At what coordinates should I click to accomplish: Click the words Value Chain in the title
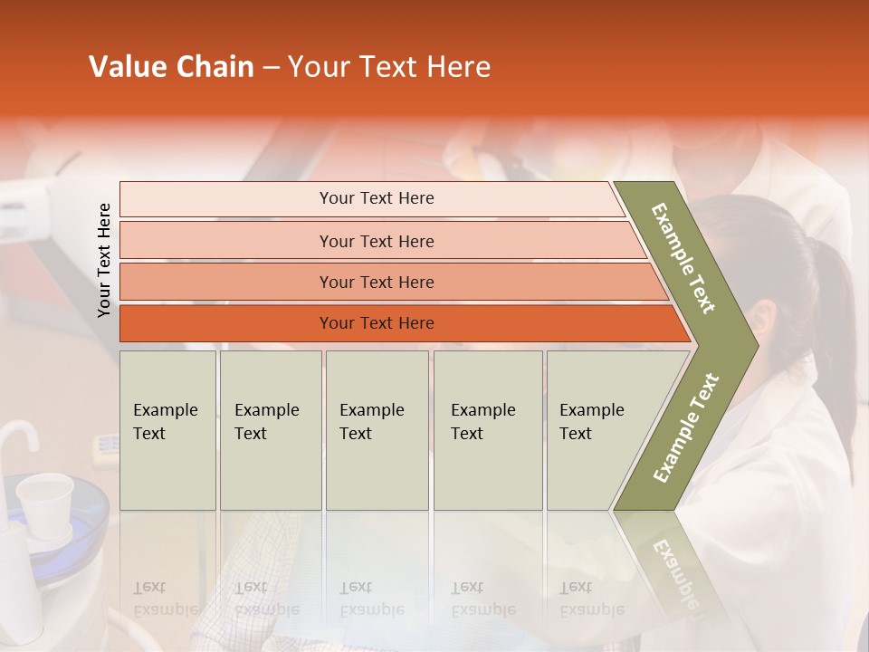[x=171, y=67]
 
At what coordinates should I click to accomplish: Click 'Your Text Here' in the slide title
[x=389, y=67]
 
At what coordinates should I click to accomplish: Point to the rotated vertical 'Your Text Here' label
[x=104, y=260]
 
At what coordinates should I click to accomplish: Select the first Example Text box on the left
[x=167, y=430]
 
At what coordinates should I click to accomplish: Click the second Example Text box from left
[x=270, y=430]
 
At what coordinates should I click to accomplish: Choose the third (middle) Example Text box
[x=377, y=430]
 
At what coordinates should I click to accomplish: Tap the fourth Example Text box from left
[x=488, y=430]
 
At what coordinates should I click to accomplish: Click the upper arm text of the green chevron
[x=683, y=258]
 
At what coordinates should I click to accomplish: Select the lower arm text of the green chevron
[x=686, y=428]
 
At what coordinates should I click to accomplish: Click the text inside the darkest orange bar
[x=377, y=323]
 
